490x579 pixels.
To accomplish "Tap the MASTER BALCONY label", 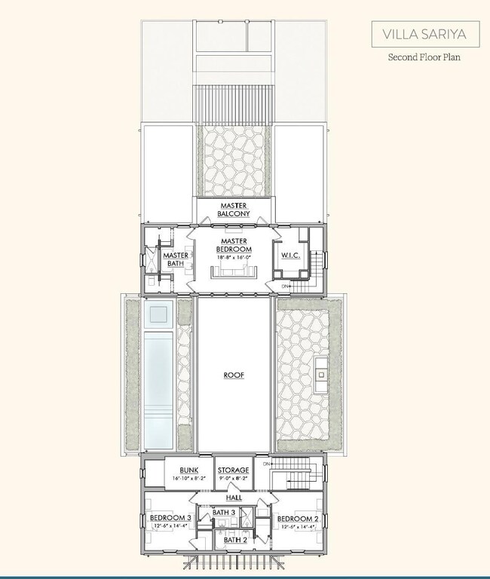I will (234, 210).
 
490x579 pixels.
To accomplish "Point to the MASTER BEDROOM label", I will (234, 245).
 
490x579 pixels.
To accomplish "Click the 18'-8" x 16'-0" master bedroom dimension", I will (234, 258).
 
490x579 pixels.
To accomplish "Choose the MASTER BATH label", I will (176, 259).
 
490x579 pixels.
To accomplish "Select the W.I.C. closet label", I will (291, 256).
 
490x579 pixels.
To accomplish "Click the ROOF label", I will (234, 374).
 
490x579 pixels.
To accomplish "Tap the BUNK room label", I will (178, 470).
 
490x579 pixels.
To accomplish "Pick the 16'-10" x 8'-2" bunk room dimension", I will (178, 479).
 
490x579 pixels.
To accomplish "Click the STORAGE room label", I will (234, 470).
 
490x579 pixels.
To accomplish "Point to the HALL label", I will (234, 498).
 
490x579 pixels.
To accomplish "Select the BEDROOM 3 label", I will (169, 519).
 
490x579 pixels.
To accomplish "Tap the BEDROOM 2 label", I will (299, 519).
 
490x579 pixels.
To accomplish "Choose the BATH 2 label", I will (234, 540).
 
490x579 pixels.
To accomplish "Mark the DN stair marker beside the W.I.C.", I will (286, 287).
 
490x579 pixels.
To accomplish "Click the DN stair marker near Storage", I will (266, 464).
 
